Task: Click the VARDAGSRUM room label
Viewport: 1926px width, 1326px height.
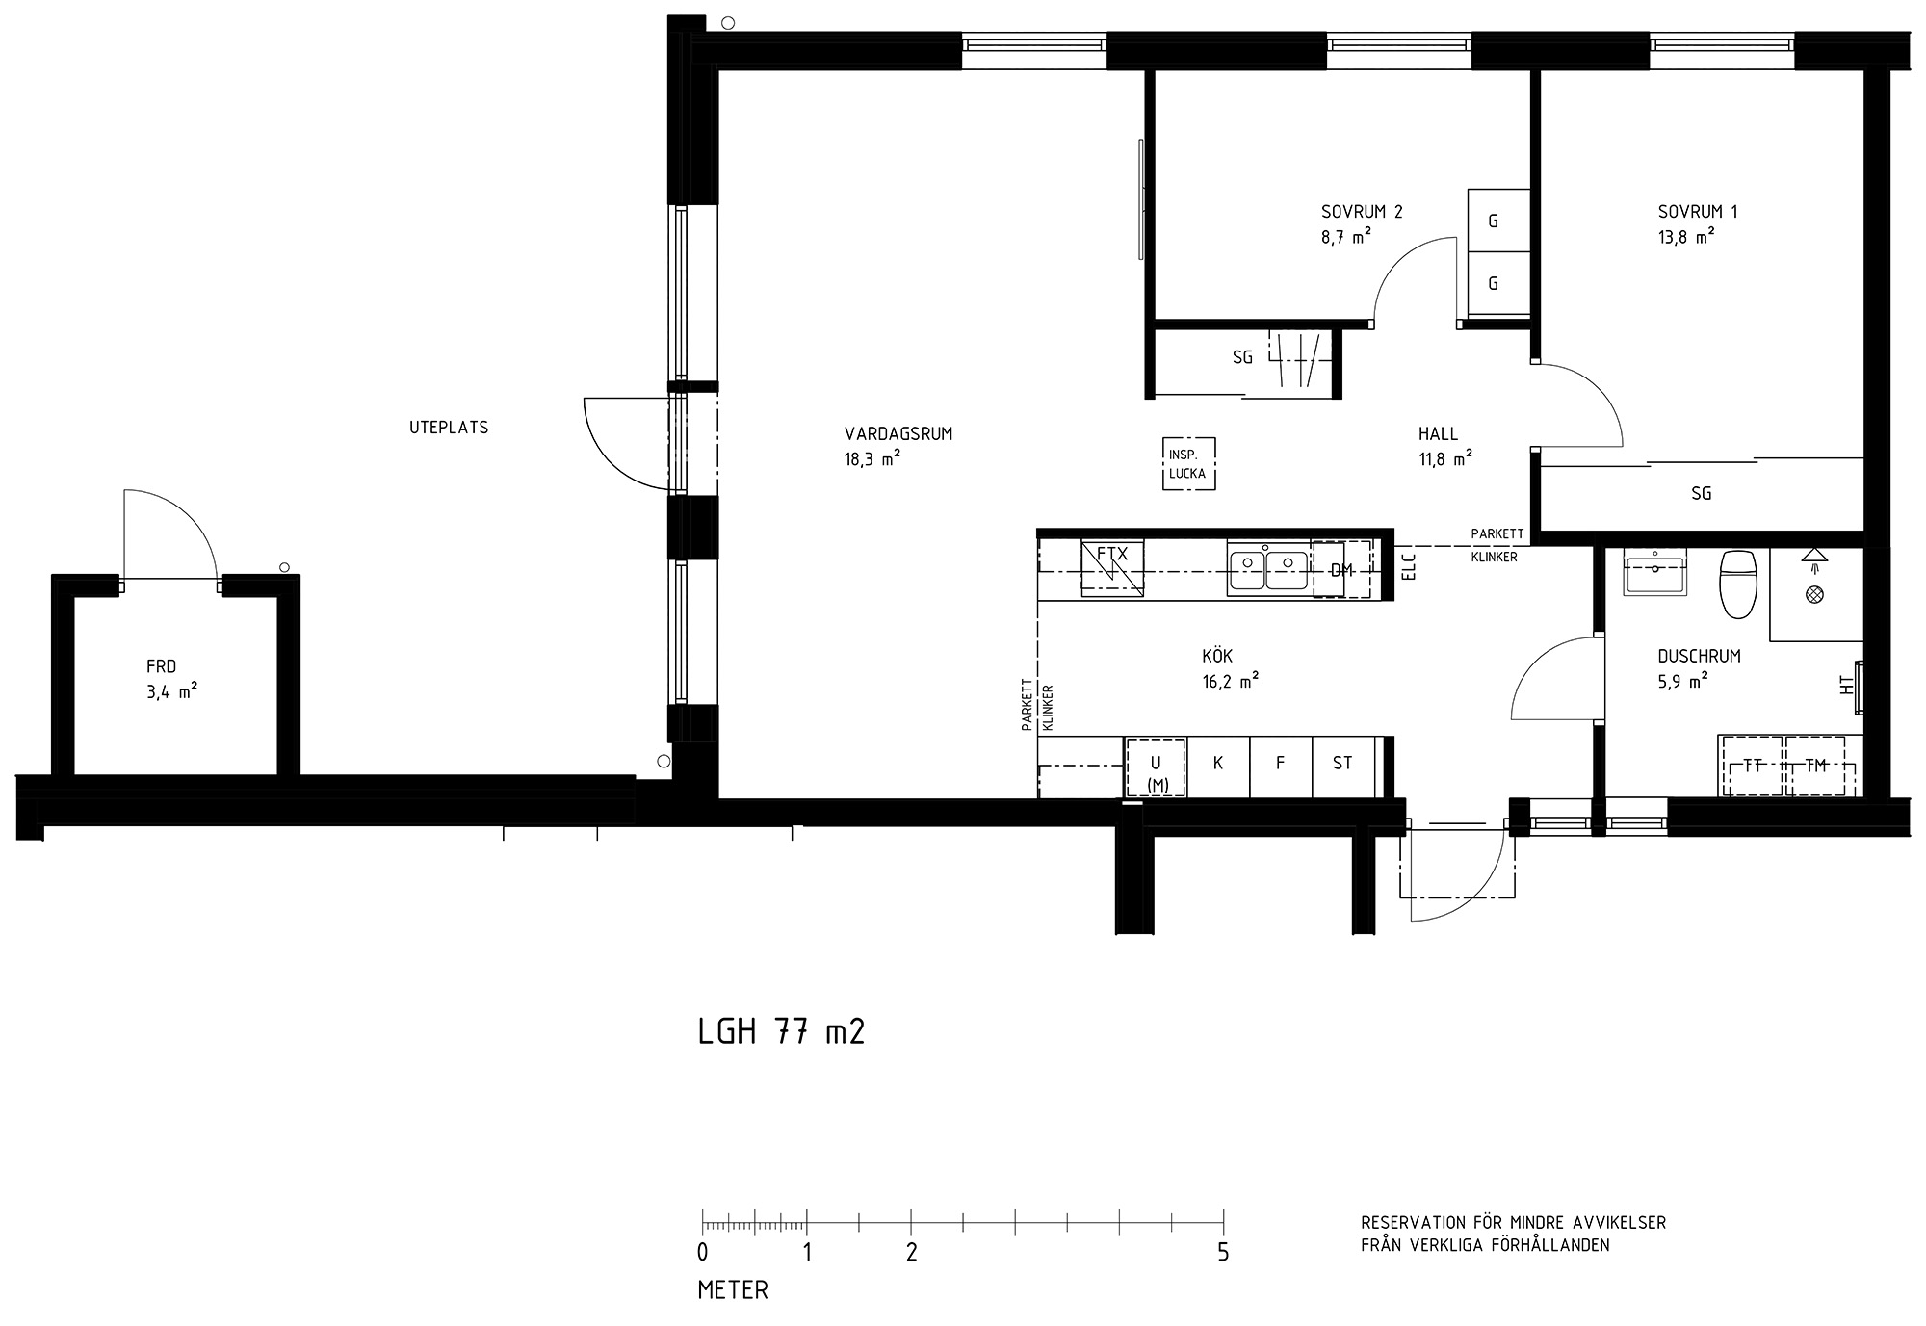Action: [898, 434]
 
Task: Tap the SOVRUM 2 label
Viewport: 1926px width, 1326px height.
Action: [1362, 212]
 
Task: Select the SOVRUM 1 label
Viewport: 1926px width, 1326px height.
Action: [1698, 212]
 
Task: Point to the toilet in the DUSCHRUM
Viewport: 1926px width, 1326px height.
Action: [1739, 584]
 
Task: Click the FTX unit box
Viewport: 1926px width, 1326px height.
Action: [1112, 568]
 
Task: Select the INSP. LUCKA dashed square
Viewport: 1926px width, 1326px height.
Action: [1188, 464]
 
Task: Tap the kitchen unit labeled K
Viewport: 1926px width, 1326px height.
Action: [1218, 767]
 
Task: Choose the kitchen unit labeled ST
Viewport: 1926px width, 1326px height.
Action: [1342, 767]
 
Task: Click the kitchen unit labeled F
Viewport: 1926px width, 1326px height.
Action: [1281, 767]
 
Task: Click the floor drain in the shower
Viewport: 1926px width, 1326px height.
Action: [1815, 595]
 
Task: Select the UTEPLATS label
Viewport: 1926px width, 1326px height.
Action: [449, 428]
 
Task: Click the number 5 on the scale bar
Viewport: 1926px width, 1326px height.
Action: [1223, 1253]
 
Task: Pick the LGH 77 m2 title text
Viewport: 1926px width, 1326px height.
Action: [781, 1032]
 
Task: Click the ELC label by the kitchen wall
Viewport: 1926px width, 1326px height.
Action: [1410, 569]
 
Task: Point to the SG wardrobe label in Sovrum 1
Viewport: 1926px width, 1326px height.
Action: [1702, 494]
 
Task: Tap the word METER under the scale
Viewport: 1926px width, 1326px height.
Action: [733, 1290]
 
